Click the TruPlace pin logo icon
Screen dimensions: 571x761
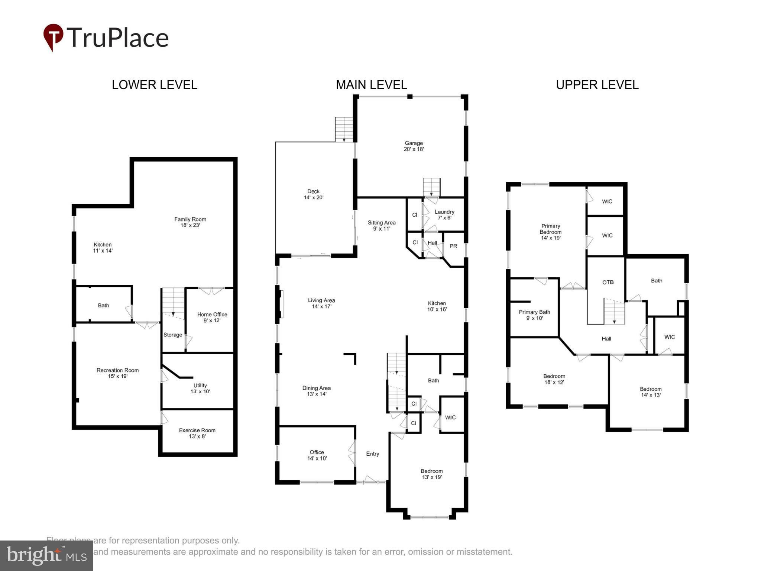tap(53, 37)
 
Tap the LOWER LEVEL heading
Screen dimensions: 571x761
tap(154, 85)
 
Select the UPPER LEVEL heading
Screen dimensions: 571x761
tap(597, 85)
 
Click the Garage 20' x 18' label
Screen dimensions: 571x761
tap(414, 146)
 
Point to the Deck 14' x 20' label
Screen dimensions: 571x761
tap(314, 194)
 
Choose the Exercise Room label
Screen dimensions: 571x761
tap(197, 433)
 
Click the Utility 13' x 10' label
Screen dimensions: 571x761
tap(200, 388)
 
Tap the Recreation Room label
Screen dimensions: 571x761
tap(117, 373)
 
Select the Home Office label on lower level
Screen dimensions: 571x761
tap(212, 317)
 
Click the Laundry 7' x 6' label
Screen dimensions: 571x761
tap(444, 214)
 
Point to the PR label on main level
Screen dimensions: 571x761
tap(453, 246)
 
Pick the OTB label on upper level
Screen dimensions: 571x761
tap(608, 282)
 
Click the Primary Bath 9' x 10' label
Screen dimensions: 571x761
tap(534, 315)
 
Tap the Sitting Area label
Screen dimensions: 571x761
tap(382, 225)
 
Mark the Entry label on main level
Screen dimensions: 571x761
tap(372, 454)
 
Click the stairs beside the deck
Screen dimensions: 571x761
tap(344, 129)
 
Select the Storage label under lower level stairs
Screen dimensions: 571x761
tap(173, 335)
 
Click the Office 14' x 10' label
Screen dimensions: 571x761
tap(317, 455)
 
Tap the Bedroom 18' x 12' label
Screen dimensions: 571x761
tap(554, 379)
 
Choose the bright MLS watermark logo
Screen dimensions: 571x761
tap(46, 555)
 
